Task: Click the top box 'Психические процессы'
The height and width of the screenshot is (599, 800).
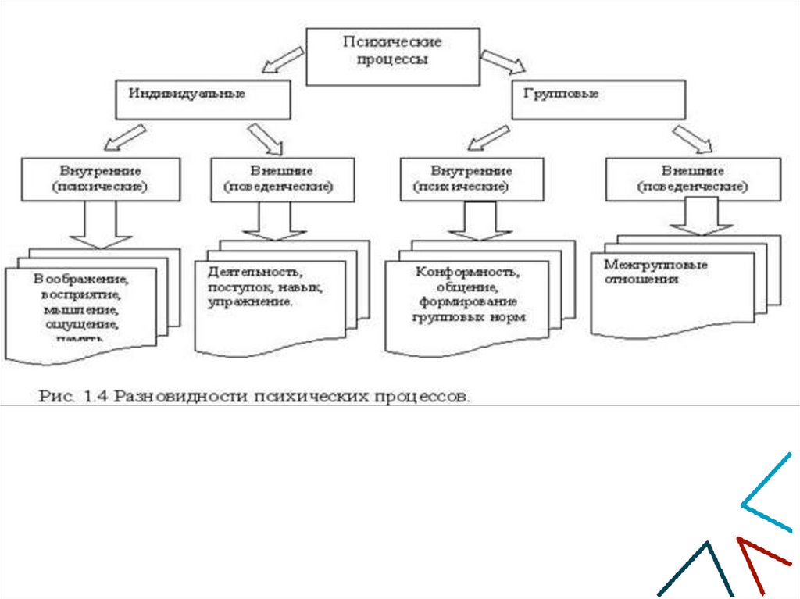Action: pos(392,56)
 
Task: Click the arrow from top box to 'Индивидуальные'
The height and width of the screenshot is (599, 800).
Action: pos(282,60)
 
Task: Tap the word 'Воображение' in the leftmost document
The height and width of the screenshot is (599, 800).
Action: pos(80,279)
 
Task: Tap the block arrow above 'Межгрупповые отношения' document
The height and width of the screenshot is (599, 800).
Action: pos(700,215)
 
